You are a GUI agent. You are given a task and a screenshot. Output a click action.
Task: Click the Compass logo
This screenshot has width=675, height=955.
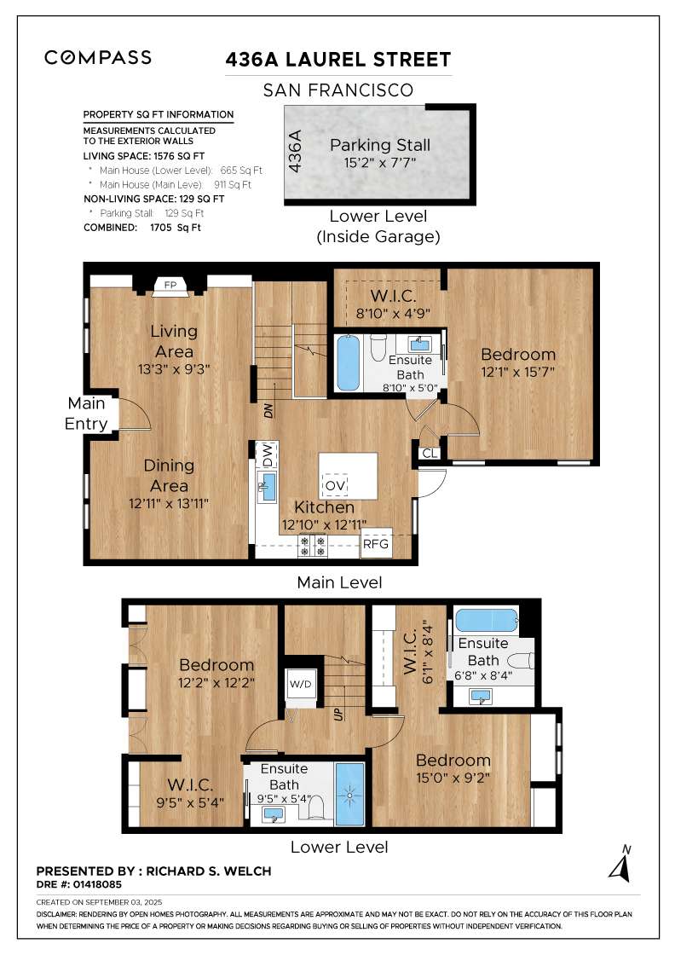tap(98, 57)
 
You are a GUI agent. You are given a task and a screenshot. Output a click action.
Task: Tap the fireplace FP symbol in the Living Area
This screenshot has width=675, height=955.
tap(170, 286)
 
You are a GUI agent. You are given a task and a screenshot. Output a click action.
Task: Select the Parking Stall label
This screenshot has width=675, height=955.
tap(380, 145)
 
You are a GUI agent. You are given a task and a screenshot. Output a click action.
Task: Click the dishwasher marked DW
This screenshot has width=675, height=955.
tap(268, 455)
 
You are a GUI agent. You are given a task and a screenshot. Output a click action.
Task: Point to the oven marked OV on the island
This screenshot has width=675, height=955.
tap(335, 485)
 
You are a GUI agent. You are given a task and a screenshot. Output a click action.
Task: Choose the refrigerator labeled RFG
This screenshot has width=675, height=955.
tap(376, 543)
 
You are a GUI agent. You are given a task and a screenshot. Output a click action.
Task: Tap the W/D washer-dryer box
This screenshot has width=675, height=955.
tap(301, 684)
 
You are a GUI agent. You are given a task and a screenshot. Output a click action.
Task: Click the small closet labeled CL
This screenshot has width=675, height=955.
tap(430, 453)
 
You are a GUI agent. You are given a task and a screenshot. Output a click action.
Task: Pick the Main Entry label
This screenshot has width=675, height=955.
tap(86, 414)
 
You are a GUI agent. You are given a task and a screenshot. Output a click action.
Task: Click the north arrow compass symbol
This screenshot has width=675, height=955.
tap(620, 865)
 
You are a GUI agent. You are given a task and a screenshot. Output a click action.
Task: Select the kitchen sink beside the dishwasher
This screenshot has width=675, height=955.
tap(268, 487)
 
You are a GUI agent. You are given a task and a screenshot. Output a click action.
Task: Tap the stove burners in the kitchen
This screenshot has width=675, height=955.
tap(313, 546)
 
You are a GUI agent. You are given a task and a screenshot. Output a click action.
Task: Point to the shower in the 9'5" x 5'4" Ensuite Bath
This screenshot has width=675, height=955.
tap(349, 794)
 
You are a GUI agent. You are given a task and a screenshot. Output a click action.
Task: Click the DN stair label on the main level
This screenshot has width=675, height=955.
tap(268, 410)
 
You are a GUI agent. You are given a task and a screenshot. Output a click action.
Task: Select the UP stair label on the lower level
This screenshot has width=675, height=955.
tap(338, 714)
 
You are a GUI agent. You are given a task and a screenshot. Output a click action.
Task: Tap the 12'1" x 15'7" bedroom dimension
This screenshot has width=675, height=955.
tap(518, 372)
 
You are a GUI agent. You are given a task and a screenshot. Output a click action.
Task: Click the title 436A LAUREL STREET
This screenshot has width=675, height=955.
tap(338, 60)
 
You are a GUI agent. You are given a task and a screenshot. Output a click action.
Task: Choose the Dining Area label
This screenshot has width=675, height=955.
tap(169, 476)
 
